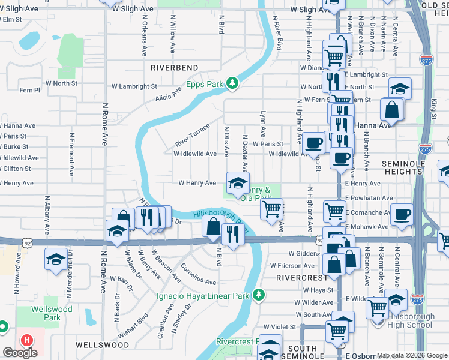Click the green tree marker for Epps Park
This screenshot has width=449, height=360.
[x=232, y=85]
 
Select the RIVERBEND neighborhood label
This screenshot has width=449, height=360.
[x=175, y=67]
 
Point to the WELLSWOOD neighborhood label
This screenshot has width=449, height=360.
[x=102, y=345]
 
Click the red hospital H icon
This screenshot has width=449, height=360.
[x=26, y=340]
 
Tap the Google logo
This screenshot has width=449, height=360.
[x=20, y=353]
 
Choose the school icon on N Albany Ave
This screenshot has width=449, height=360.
[x=56, y=260]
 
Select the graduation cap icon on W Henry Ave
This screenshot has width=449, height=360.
[x=237, y=181]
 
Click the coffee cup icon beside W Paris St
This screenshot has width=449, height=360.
[x=313, y=143]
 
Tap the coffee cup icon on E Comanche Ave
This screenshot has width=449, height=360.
[x=402, y=213]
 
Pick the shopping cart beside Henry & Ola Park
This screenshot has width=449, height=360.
[x=271, y=208]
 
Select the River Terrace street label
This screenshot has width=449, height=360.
[x=192, y=135]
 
